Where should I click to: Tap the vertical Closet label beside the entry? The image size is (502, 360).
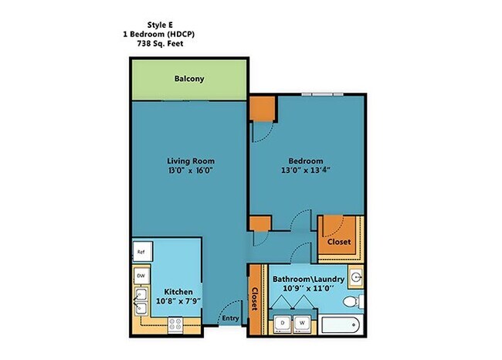253,299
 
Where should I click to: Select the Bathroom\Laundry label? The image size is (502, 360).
302,277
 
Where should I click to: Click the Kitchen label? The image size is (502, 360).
178,292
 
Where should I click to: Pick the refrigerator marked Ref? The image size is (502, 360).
141,252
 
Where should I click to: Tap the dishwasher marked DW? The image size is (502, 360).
141,276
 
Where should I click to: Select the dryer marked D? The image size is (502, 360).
283,322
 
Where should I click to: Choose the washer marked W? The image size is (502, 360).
303,322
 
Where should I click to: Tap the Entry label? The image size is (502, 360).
229,318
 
